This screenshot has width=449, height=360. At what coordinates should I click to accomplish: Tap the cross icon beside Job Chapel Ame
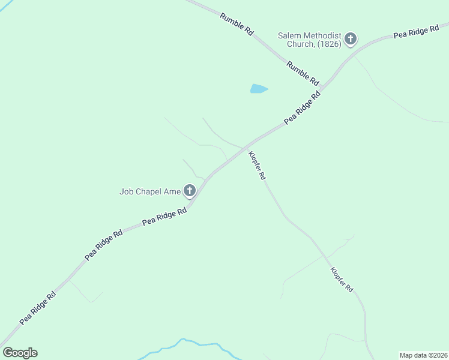tap(190, 192)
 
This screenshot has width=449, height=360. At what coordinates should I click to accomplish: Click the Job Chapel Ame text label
tap(150, 192)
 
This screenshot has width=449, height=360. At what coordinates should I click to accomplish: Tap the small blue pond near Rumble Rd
tap(258, 89)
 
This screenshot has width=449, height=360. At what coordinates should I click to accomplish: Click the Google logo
tap(20, 353)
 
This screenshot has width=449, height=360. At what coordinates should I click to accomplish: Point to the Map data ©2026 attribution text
tap(423, 355)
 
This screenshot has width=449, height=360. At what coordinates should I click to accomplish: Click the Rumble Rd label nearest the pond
tap(303, 73)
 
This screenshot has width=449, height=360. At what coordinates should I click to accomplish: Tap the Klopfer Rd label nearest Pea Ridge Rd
tap(257, 166)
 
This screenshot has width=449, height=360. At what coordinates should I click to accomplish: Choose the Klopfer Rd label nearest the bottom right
tap(342, 280)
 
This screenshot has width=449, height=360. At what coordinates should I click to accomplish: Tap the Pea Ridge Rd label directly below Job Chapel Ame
tap(164, 217)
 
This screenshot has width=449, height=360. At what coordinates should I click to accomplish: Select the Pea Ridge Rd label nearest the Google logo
tap(38, 308)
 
